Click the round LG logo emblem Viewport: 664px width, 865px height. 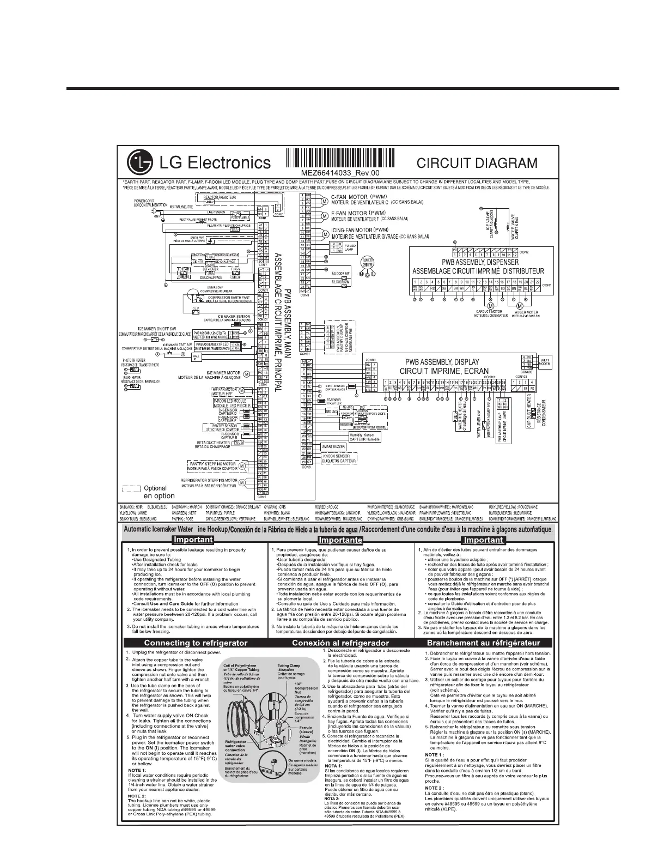coord(138,161)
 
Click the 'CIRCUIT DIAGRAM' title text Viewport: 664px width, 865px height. coord(477,163)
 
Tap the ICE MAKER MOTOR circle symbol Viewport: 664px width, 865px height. coord(247,374)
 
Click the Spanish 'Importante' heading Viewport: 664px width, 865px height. coord(340,540)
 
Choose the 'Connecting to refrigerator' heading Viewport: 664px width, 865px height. coord(196,643)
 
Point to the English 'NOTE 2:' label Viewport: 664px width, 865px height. coord(137,794)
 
